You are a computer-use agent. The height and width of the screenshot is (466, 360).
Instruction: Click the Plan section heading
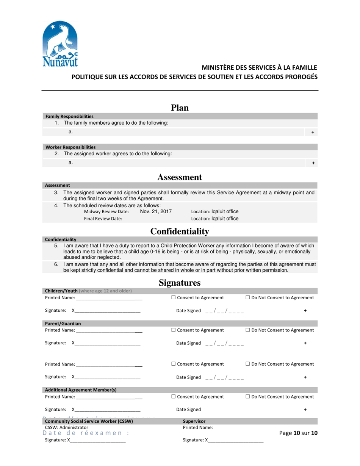point(180,108)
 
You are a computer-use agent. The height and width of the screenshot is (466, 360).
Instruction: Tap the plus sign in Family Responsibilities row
point(313,132)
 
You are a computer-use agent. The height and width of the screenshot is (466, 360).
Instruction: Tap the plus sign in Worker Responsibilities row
point(313,163)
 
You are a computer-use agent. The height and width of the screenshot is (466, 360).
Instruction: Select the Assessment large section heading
point(180,177)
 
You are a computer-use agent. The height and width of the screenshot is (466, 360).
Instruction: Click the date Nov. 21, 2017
point(156,211)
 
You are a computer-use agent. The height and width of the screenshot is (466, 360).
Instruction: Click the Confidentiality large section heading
point(180,231)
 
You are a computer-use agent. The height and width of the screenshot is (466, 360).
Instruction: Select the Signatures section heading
point(180,283)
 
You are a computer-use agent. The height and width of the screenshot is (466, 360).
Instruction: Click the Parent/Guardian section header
point(63,324)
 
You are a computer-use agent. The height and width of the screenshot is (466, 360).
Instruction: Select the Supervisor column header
point(194,421)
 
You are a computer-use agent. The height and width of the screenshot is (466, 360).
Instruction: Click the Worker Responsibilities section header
point(70,147)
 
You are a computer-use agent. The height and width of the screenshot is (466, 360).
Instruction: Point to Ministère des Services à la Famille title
point(259,67)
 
